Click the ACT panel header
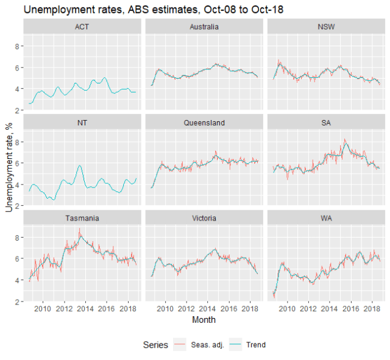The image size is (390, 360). pyautogui.click(x=82, y=27)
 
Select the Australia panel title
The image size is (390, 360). pyautogui.click(x=204, y=27)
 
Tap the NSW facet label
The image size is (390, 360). pyautogui.click(x=326, y=27)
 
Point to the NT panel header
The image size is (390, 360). pyautogui.click(x=82, y=122)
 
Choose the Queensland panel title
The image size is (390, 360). pyautogui.click(x=204, y=122)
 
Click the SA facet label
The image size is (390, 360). pyautogui.click(x=326, y=122)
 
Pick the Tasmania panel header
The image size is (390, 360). pyautogui.click(x=82, y=218)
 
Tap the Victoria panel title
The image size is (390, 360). pyautogui.click(x=204, y=218)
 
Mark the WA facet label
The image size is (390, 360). pyautogui.click(x=326, y=218)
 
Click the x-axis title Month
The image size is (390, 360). pyautogui.click(x=204, y=320)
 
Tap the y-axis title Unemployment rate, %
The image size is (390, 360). pyautogui.click(x=9, y=164)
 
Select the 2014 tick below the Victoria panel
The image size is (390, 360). pyautogui.click(x=208, y=309)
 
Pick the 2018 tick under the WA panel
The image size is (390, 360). pyautogui.click(x=372, y=309)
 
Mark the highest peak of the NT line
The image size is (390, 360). pyautogui.click(x=80, y=165)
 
